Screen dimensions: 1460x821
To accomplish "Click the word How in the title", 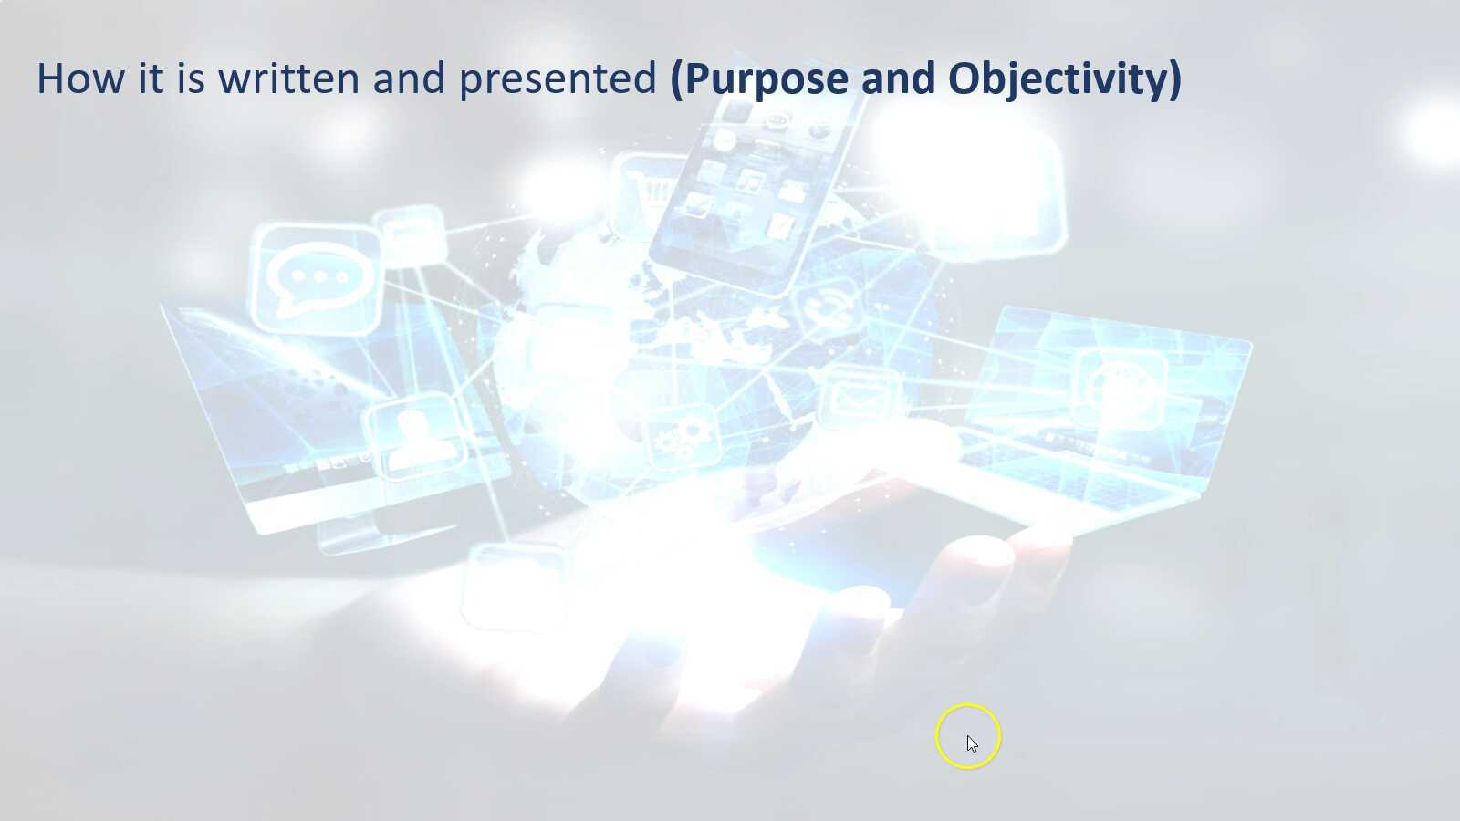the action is point(79,78).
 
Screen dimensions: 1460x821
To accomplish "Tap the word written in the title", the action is point(288,78).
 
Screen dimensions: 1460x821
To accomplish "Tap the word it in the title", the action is point(151,78).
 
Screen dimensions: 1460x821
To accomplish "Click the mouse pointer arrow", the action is point(972,744).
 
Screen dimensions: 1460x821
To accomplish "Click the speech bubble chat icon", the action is point(318,278).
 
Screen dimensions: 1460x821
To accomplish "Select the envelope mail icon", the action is point(859,398).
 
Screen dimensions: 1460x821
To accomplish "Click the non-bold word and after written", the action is point(409,78).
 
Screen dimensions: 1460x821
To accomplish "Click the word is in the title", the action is point(191,78).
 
